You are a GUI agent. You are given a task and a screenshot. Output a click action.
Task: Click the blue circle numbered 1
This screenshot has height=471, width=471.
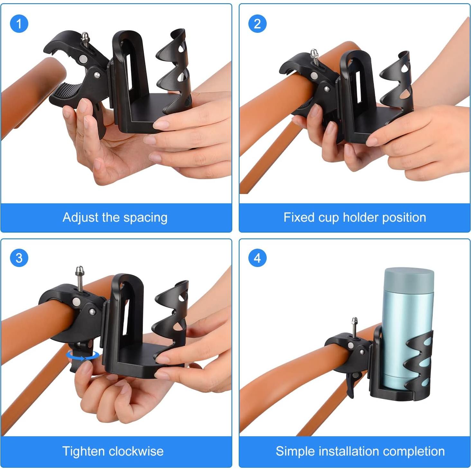(19, 23)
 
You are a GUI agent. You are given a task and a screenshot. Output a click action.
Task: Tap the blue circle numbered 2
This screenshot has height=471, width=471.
(257, 23)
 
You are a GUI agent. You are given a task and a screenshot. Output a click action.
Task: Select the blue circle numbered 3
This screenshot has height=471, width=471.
(19, 258)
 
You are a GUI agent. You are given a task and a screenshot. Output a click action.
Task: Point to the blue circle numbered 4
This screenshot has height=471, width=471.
(257, 258)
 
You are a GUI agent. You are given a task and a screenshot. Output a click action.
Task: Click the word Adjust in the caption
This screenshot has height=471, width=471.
(80, 217)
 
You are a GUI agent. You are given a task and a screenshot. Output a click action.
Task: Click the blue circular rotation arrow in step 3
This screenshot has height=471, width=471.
(83, 355)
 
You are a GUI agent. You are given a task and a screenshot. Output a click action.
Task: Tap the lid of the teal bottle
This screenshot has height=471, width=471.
(409, 278)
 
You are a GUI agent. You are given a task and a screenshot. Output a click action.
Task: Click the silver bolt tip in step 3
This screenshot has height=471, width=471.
(79, 270)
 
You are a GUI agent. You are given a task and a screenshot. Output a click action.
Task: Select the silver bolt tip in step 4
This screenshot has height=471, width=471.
(355, 321)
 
